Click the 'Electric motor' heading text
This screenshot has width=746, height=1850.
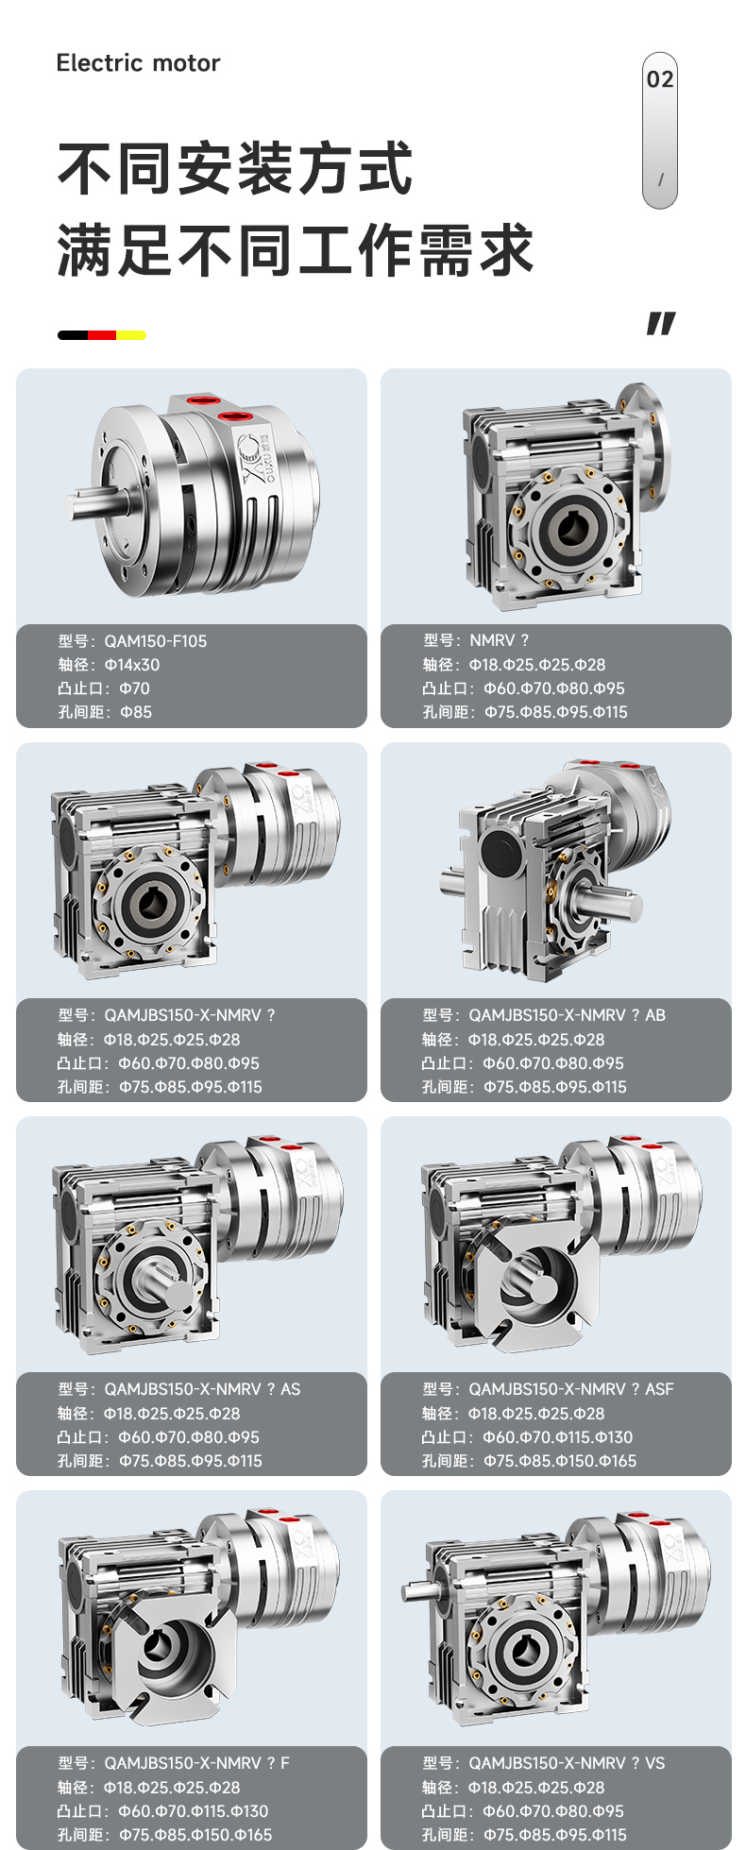coord(138,63)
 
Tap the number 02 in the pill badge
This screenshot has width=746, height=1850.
coord(660,79)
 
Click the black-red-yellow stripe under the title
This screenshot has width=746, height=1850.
coord(102,334)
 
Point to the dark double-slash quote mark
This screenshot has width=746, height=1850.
coord(661,323)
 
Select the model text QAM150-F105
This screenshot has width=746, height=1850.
coord(156,641)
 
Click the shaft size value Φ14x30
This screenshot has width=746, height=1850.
coord(132,665)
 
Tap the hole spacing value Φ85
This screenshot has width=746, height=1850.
coord(136,712)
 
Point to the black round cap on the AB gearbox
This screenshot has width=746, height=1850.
coord(500,851)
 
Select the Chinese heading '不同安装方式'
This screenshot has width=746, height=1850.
coord(235,169)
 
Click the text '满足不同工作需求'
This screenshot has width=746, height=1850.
coord(296,251)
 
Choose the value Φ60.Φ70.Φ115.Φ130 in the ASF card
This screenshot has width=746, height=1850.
coord(558,1437)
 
